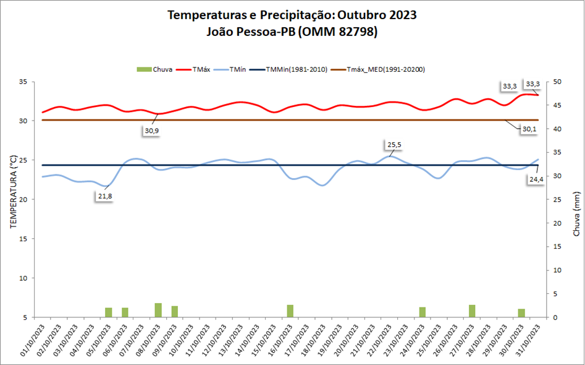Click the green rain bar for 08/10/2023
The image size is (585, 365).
click(x=158, y=310)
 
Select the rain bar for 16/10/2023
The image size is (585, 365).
click(x=290, y=311)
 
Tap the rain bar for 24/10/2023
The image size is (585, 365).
click(x=423, y=312)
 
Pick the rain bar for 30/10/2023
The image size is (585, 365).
click(x=521, y=313)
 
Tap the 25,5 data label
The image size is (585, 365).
click(x=394, y=145)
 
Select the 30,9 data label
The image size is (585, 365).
click(x=152, y=131)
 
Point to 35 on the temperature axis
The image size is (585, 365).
click(x=23, y=82)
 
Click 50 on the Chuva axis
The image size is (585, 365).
click(x=558, y=82)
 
